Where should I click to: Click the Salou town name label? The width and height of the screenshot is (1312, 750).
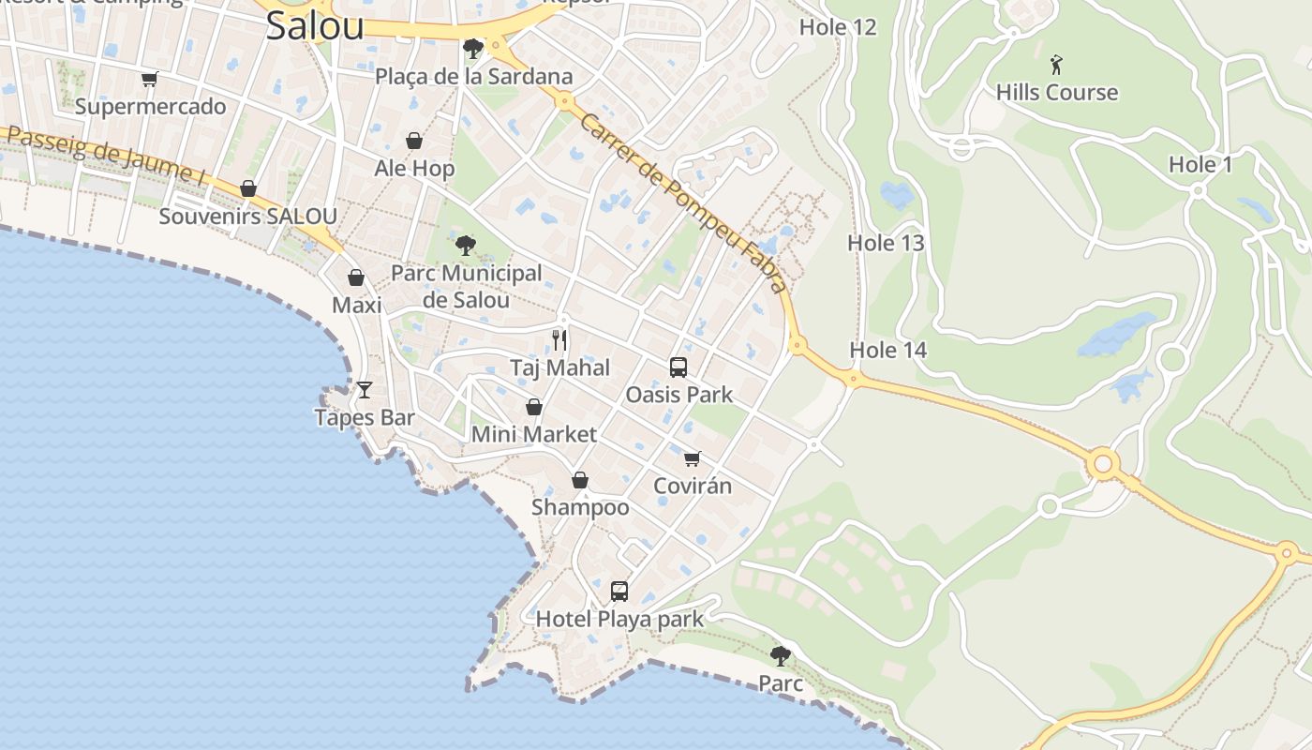coord(315,25)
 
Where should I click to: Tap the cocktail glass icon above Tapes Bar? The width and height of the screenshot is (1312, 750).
coord(365,390)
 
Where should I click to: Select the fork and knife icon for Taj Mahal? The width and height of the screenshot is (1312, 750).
coord(559,339)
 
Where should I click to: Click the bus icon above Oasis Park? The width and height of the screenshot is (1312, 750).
coord(678,367)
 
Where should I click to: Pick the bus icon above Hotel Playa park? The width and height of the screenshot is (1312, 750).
coord(619,592)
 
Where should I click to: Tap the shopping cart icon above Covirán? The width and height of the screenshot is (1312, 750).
coord(692,458)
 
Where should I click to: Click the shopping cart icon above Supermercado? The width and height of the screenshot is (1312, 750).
coord(150,79)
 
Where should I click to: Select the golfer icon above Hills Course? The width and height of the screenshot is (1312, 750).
coord(1057,65)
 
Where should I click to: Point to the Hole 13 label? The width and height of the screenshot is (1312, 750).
coord(886,243)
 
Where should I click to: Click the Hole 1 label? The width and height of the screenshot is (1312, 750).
coord(1200,165)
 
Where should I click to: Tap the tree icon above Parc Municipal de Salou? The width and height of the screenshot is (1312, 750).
coord(465,246)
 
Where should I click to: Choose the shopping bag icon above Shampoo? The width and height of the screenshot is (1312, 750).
coord(580,480)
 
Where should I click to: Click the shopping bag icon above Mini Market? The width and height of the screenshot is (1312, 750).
coord(533,407)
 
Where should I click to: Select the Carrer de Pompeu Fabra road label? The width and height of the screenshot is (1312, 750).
coord(682,202)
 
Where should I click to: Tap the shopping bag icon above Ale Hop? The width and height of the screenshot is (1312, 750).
coord(414,141)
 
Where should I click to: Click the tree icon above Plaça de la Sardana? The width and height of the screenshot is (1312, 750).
coord(473,48)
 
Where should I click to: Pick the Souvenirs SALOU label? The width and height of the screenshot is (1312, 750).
coord(247,216)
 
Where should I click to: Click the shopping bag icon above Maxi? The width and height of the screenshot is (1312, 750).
coord(356,277)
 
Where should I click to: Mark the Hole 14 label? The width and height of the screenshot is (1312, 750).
coord(887,350)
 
